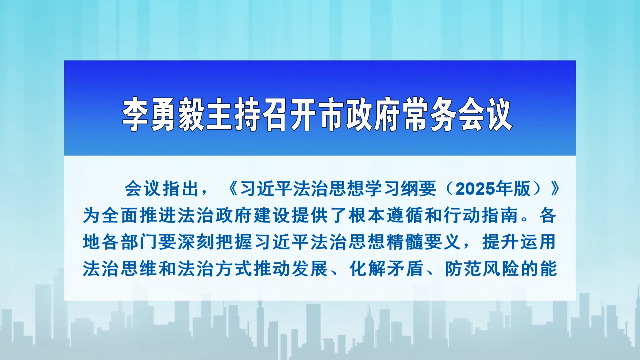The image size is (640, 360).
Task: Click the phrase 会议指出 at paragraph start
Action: tap(162, 189)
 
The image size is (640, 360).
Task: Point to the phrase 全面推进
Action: tap(139, 216)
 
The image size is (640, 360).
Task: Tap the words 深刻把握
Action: tap(215, 242)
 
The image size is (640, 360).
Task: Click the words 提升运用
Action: tap(519, 242)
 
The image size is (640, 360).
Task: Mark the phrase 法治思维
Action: tap(120, 269)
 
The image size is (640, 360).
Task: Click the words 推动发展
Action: tap(291, 269)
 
